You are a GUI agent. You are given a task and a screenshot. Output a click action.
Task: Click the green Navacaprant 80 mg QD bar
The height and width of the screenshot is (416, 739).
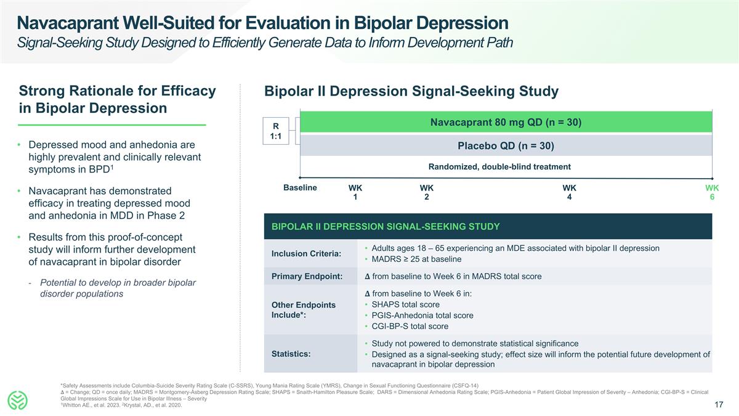505,122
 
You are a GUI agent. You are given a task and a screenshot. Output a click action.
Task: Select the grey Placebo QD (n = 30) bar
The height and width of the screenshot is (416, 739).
505,146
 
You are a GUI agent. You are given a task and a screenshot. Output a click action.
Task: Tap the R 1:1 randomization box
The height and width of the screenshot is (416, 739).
276,131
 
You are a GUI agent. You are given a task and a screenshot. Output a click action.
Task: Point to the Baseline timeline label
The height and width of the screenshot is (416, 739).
300,187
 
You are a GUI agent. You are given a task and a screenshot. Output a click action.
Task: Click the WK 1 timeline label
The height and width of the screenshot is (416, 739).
355,192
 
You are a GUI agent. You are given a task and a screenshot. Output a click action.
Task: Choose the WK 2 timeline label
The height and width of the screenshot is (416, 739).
426,192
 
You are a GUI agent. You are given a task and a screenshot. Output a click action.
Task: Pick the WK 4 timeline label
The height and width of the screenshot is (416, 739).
569,192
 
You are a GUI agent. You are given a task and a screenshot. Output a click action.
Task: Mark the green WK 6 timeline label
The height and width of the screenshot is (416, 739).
712,192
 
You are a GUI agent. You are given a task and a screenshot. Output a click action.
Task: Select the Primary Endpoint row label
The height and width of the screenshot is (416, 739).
307,276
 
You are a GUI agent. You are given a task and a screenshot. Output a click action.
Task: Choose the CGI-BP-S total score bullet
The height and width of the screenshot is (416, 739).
410,327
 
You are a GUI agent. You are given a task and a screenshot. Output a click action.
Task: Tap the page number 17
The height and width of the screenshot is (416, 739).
718,405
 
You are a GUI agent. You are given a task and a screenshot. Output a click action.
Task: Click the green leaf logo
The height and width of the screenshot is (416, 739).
18,400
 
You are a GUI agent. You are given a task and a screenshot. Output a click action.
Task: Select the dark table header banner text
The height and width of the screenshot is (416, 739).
386,227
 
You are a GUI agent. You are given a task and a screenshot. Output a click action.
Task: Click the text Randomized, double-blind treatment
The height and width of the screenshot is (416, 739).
499,166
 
